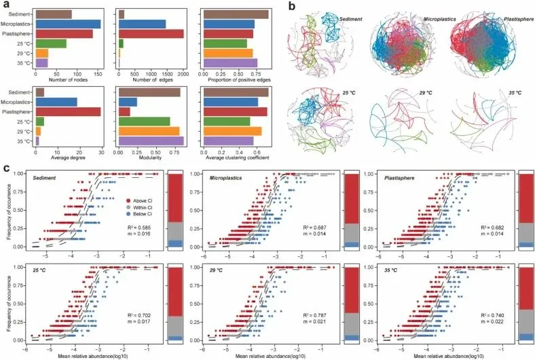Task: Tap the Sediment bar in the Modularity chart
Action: point(149,92)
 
